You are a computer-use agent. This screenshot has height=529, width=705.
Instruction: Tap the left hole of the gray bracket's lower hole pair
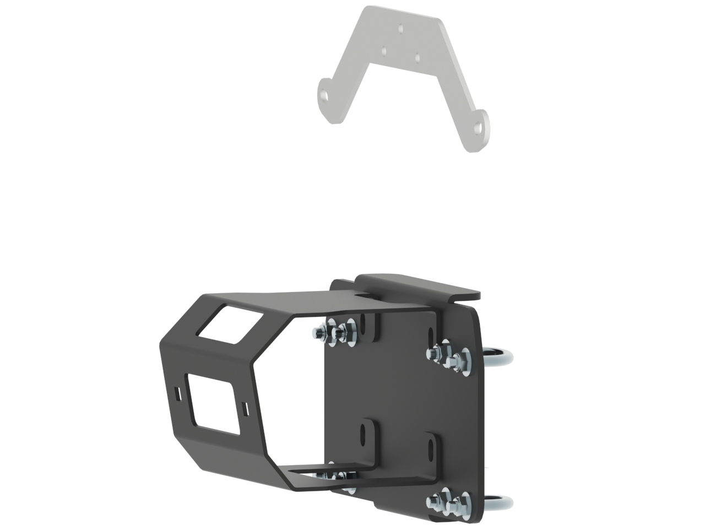tap(384, 51)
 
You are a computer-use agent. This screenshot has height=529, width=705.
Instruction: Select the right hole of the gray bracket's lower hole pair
tap(417, 57)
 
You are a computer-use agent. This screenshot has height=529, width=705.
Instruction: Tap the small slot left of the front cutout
tap(177, 393)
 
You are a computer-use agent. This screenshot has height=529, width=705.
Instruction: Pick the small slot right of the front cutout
tap(245, 409)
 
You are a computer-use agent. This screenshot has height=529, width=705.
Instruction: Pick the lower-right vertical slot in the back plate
tap(428, 448)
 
